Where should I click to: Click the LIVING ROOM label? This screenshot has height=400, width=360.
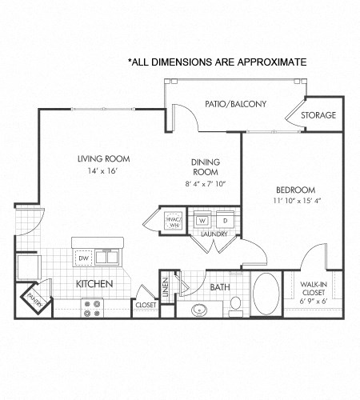point(103,158)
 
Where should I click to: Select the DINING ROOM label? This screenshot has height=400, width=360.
point(205,166)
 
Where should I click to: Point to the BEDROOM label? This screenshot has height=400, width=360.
point(297,190)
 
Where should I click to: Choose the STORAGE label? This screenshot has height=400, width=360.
point(318,115)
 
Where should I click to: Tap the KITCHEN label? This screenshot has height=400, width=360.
point(94,284)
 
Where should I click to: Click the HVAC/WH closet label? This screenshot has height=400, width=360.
point(174,221)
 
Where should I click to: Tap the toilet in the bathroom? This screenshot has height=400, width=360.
point(234,304)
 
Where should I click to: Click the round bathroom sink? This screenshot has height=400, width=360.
point(199,308)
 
